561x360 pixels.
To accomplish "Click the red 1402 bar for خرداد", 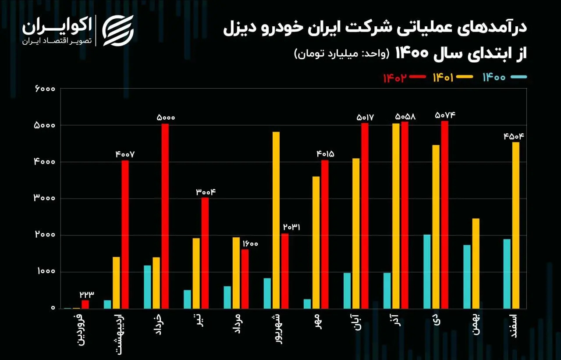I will point(165,216).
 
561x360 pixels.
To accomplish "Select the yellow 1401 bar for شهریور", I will point(276,220).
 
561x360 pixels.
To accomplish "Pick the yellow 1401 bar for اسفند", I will point(516,225).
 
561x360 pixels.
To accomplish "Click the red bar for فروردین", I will point(85,304).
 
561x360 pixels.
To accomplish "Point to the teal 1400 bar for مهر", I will point(307,303).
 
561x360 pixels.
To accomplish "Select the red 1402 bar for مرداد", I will point(245,278).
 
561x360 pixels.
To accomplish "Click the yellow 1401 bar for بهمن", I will point(476,263).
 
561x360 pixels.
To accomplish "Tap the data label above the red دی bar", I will point(445,115).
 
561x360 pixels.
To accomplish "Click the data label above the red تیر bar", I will point(206,192).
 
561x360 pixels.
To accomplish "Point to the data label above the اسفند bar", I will point(514,136).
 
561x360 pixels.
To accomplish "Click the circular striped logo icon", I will point(118,30).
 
